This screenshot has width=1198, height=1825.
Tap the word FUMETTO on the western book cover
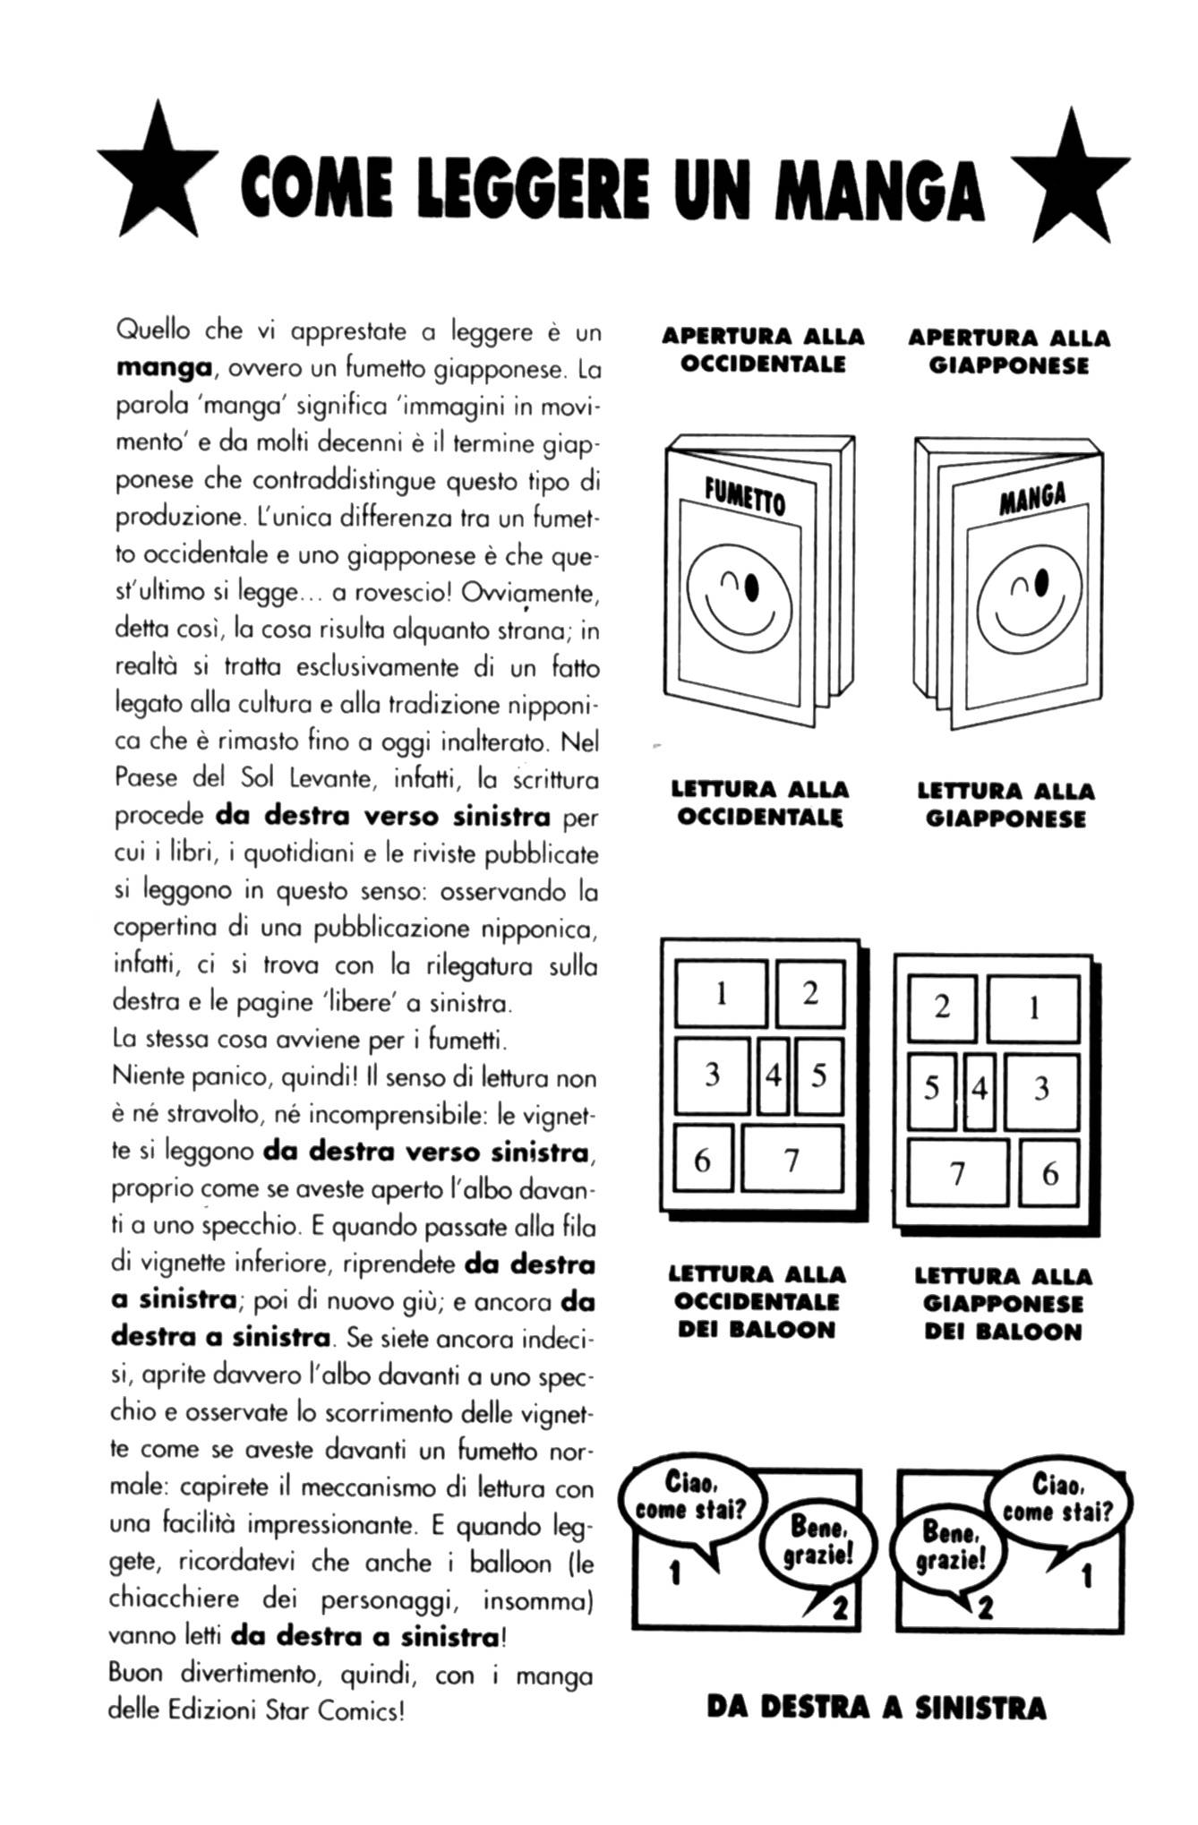pos(745,496)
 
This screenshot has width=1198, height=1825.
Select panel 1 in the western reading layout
pos(722,993)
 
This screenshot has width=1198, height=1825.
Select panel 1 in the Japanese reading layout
pos(1033,1008)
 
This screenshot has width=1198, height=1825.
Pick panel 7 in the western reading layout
pos(792,1161)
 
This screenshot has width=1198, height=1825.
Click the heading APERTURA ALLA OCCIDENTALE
pos(763,350)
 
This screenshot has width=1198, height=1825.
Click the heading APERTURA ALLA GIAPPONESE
pos(1009,352)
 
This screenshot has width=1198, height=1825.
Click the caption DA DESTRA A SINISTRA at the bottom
pos(876,1708)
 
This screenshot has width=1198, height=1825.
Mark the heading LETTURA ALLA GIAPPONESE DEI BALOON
pos(1004,1303)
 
